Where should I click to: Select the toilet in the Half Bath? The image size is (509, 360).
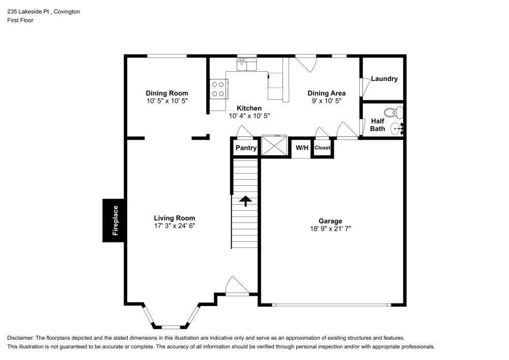[x=391, y=113]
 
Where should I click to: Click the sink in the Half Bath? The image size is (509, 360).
[x=397, y=129]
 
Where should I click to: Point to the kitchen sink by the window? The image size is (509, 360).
[x=247, y=65]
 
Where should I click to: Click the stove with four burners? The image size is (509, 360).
[x=218, y=90]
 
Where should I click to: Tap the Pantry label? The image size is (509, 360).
[x=246, y=148]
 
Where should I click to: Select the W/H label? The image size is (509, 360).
[x=302, y=148]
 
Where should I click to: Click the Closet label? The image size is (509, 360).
[x=322, y=148]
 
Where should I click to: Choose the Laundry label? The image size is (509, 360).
[x=384, y=79]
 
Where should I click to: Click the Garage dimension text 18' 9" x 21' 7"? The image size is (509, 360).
[x=330, y=229]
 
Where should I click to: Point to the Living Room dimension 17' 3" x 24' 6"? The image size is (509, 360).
[x=175, y=226]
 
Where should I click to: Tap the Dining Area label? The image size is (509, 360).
[x=326, y=93]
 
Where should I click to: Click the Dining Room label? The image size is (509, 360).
[x=167, y=93]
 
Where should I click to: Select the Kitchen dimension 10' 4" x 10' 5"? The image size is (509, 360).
[x=249, y=116]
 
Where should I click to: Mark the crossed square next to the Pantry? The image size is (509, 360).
[x=274, y=145]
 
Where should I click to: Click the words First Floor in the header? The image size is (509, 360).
[x=20, y=20]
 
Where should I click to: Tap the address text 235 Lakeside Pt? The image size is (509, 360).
[x=29, y=11]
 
